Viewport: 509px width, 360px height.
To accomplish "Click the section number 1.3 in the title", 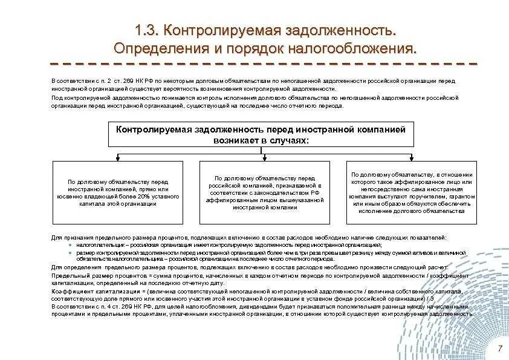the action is (x=147, y=29).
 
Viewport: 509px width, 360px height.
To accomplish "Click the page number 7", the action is (x=499, y=349).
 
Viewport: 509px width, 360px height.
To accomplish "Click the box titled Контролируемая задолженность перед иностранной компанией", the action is (x=261, y=134).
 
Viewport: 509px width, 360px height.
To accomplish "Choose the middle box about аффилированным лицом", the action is (x=261, y=193).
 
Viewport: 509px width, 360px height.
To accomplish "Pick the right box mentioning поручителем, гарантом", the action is (x=411, y=193).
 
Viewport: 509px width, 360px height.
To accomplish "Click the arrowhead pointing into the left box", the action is (x=117, y=159).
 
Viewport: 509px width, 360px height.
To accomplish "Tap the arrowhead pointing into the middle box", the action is (x=261, y=159).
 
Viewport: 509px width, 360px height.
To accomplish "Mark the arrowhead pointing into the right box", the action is (x=412, y=159).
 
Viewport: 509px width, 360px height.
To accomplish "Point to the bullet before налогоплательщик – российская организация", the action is (x=70, y=246).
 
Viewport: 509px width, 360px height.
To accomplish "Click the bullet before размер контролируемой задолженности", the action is (x=70, y=253).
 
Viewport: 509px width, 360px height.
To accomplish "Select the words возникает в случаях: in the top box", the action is (x=261, y=140).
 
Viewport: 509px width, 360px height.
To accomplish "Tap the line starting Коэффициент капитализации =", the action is (x=254, y=291).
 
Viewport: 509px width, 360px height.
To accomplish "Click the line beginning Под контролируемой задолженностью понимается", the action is (x=254, y=97).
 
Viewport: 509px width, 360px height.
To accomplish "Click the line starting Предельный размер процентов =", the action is (x=254, y=275).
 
